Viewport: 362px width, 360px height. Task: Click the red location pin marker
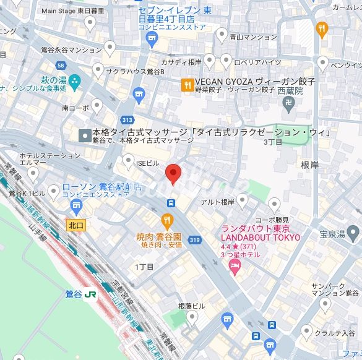[x=174, y=174]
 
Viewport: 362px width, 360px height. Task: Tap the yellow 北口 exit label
[x=76, y=225]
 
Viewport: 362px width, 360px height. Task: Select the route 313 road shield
[x=127, y=120]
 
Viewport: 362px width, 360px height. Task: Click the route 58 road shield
[x=61, y=65]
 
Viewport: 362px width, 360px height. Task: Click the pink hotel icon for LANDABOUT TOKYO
[x=235, y=265]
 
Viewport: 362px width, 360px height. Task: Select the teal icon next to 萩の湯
[x=75, y=80]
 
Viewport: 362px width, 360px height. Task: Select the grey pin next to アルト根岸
[x=242, y=199]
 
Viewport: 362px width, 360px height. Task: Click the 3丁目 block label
[x=273, y=142]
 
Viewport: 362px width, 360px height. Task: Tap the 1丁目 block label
[x=144, y=267]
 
